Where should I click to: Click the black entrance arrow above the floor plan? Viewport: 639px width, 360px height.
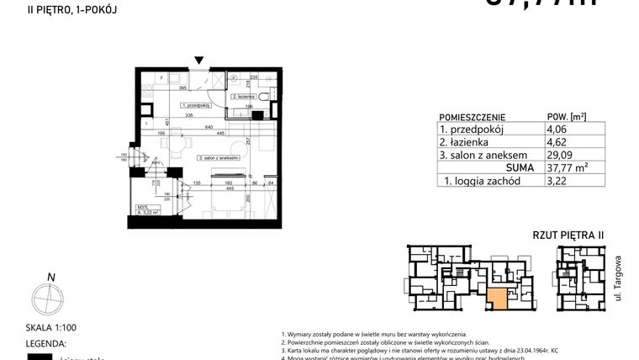click(x=198, y=61)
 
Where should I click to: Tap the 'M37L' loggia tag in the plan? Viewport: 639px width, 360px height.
click(x=143, y=207)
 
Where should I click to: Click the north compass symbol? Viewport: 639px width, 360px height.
click(x=48, y=298)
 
